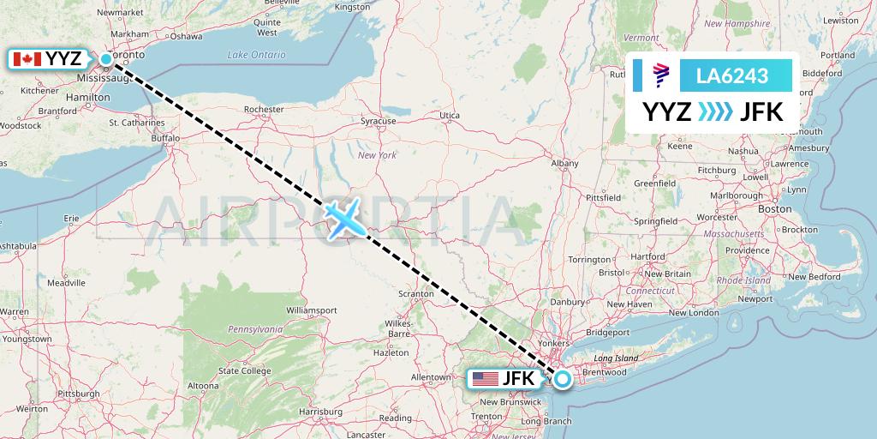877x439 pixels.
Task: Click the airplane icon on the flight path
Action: (x=345, y=219)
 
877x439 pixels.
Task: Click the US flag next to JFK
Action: (x=486, y=378)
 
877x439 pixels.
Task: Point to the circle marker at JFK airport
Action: (x=562, y=378)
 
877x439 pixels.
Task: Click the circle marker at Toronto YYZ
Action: (x=106, y=59)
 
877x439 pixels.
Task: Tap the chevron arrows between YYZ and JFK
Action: (x=716, y=112)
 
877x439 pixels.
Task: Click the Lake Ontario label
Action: (x=256, y=55)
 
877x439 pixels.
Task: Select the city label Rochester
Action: (x=264, y=110)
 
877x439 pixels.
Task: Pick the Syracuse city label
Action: (x=378, y=121)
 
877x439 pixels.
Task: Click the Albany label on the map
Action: (x=564, y=163)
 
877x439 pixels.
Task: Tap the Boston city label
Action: (x=776, y=208)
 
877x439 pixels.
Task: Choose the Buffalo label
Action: (x=165, y=137)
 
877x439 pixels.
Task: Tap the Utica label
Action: (x=450, y=115)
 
